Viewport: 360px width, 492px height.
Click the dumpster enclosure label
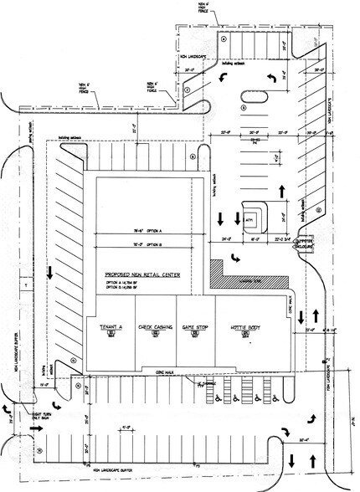point(303,245)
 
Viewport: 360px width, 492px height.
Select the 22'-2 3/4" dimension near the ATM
point(286,238)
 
